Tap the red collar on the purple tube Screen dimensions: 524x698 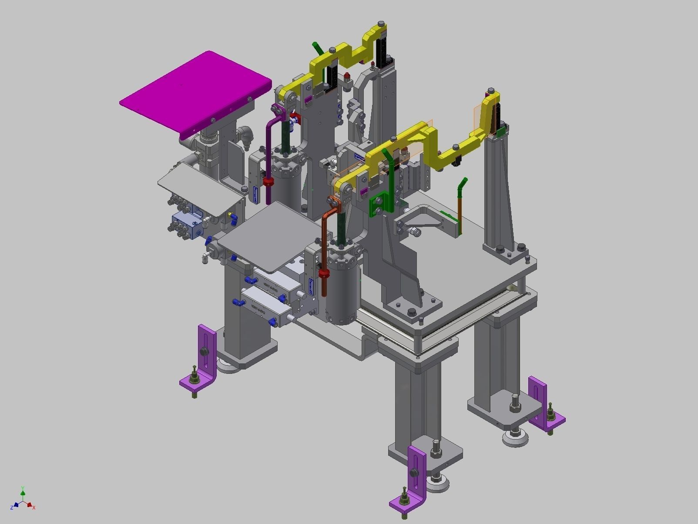coord(268,181)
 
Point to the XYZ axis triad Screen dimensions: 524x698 coord(23,500)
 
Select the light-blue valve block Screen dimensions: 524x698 coord(185,224)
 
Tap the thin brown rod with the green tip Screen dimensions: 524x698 coord(460,209)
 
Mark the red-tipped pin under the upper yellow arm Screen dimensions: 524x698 coord(347,78)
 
